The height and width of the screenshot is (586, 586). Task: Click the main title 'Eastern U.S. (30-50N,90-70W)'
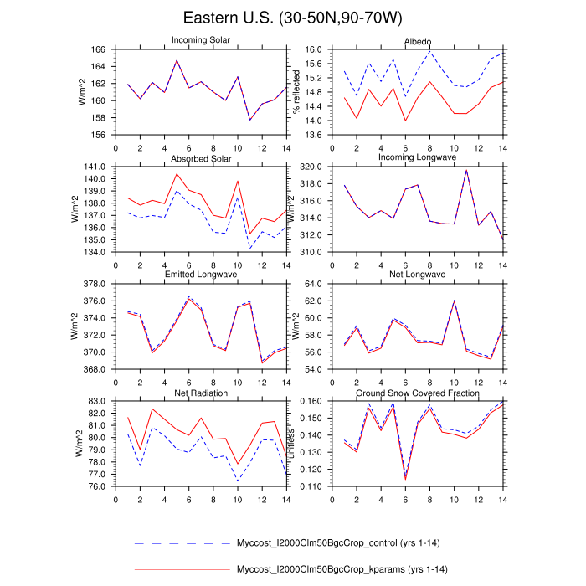point(292,18)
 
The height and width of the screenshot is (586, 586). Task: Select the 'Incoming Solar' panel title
point(201,40)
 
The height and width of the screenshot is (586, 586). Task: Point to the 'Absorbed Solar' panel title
point(201,158)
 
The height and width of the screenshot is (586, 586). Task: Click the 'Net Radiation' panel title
point(201,393)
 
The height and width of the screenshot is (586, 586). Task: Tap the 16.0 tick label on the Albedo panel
point(311,49)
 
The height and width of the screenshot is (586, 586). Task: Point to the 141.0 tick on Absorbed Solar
point(93,167)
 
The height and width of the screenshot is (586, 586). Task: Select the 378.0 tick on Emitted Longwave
point(93,285)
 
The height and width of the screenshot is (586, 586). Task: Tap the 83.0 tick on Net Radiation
point(95,402)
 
